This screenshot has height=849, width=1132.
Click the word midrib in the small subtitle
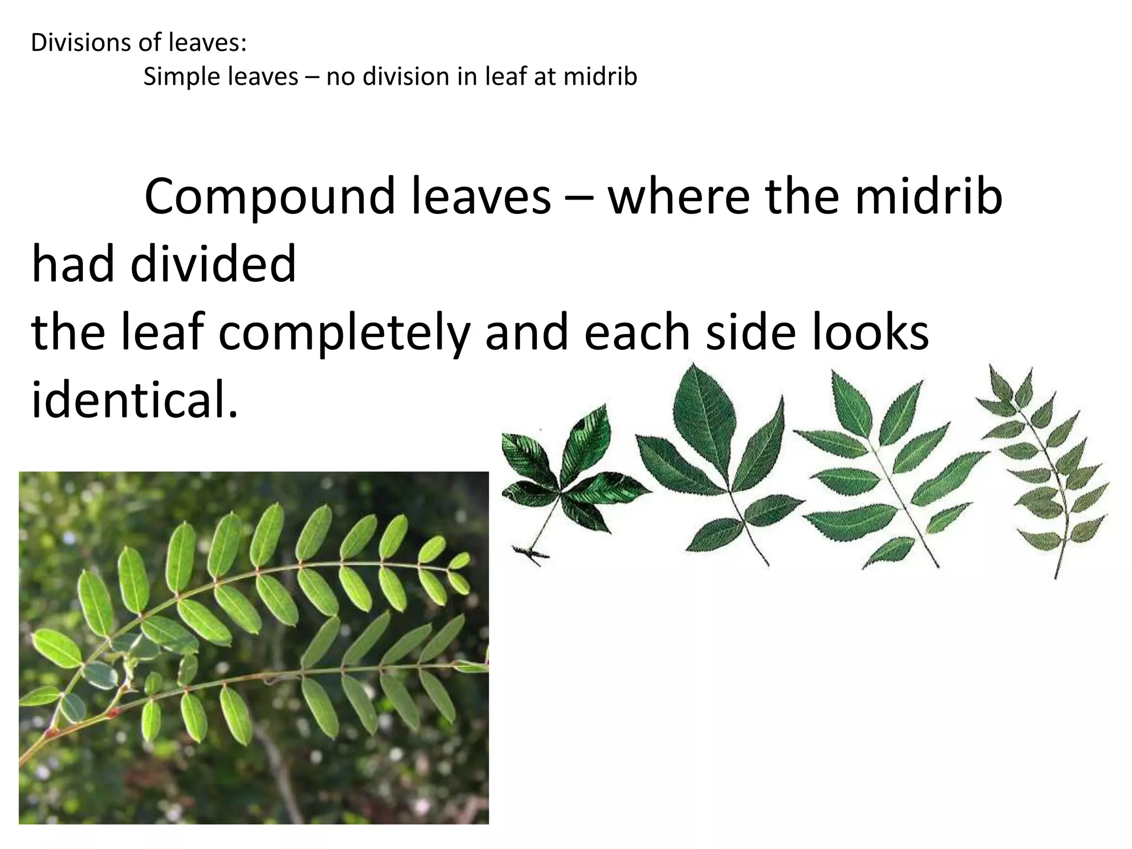[600, 76]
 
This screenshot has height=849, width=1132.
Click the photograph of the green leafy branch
[254, 647]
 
